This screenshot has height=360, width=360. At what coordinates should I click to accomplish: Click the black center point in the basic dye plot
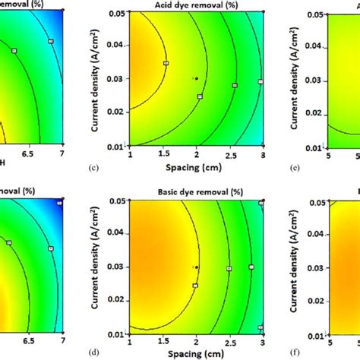point(196,267)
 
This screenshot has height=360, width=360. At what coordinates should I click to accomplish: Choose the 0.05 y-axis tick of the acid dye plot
point(116,14)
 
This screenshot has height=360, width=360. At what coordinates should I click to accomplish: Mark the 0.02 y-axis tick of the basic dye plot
point(116,302)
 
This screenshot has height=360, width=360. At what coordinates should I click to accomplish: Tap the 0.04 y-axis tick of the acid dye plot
point(116,46)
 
